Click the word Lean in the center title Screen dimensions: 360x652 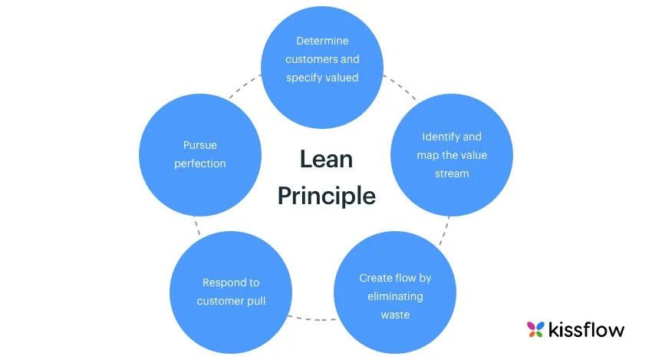pos(326,160)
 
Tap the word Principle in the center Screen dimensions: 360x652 pos(326,196)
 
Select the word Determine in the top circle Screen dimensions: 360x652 pos(322,40)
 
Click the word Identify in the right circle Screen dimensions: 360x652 pos(441,137)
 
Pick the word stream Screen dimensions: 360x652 pos(452,173)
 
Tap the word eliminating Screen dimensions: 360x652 pos(395,296)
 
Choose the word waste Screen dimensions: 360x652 pos(395,315)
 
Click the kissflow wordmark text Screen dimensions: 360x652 pos(587,330)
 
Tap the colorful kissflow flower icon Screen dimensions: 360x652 pos(535,329)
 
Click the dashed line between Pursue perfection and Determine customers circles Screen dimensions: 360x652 pos(242,86)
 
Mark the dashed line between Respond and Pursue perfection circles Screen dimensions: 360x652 pos(197,227)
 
